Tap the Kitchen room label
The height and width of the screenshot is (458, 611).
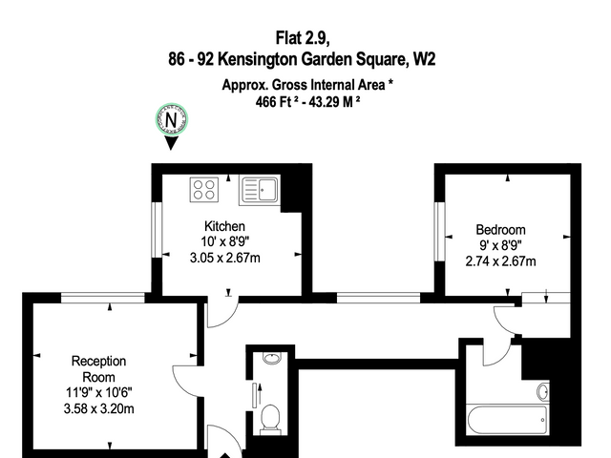coord(225,226)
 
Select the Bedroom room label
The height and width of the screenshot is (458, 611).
coord(500,229)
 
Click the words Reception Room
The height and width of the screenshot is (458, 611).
coord(98,369)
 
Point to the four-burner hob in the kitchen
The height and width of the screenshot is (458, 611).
coord(204,190)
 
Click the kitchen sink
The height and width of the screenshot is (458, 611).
coord(260,191)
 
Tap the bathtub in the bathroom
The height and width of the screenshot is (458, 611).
coord(507,420)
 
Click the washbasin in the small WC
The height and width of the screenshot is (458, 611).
coord(272,358)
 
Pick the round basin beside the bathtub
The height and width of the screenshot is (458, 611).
coord(543,391)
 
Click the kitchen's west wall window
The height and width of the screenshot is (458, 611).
coord(157,230)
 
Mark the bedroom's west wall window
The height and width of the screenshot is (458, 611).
coord(439,231)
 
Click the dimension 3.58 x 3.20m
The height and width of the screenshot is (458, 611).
coord(99,409)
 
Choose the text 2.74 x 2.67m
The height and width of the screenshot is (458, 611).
coord(500,260)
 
